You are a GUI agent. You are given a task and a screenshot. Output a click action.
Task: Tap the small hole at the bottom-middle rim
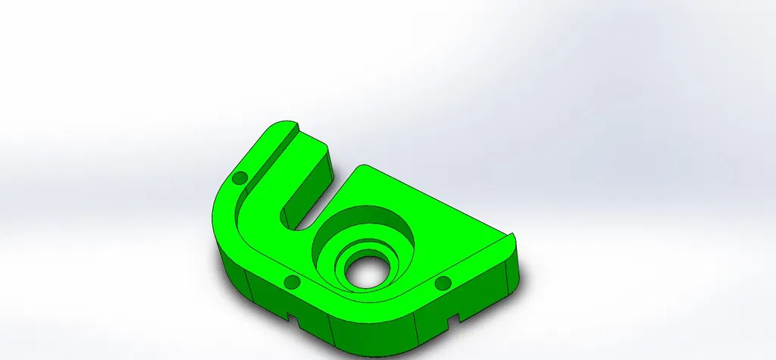(290, 283)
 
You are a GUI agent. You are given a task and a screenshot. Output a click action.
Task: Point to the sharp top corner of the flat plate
(365, 166)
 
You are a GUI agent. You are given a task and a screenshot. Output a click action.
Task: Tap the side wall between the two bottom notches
(371, 330)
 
